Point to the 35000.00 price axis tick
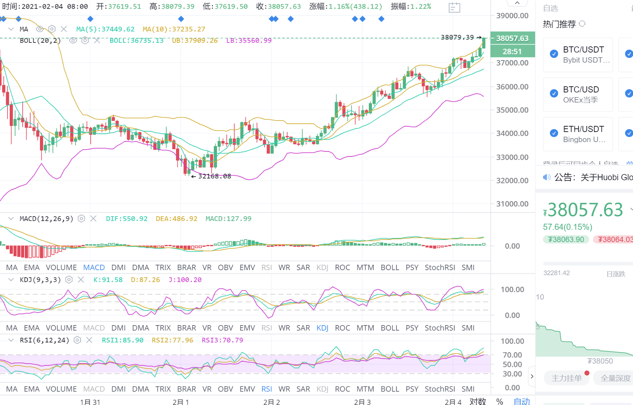512,110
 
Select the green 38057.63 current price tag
512,38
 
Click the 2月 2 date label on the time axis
271,402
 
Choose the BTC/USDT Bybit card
578,55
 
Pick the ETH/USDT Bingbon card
578,134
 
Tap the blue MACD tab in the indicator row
94,268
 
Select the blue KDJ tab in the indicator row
322,328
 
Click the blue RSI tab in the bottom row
267,389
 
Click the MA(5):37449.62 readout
105,29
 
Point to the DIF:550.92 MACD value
127,219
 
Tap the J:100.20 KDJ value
185,280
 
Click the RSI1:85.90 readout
122,340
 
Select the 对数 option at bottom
478,401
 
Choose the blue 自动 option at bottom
521,401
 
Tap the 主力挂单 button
566,378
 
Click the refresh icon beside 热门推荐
582,24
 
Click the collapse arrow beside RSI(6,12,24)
11,340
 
